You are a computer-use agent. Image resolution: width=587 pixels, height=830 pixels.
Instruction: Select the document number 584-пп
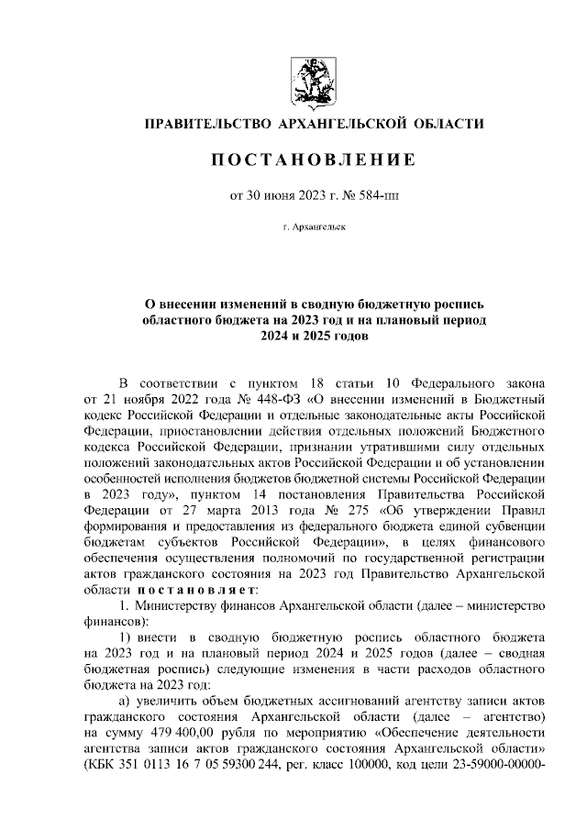[378, 194]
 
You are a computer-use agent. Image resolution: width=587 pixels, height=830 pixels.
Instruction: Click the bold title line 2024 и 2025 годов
[308, 336]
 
